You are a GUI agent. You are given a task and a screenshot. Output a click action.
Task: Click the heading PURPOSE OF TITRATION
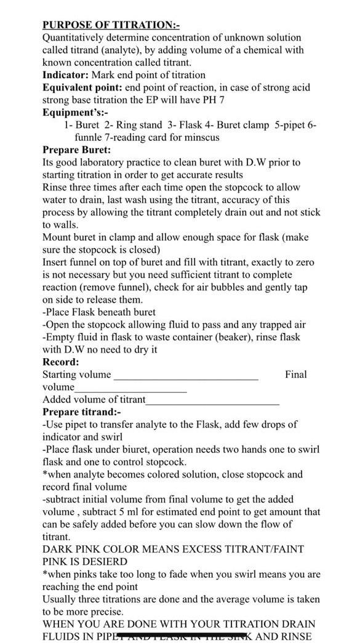[111, 25]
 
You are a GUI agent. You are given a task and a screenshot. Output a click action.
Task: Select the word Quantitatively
[72, 38]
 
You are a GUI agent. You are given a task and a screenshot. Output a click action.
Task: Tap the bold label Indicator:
[66, 75]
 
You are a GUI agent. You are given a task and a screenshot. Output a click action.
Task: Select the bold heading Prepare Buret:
[77, 150]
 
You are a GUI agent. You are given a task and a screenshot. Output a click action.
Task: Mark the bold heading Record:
[60, 362]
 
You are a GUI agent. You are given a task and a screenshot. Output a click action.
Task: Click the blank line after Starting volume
[186, 375]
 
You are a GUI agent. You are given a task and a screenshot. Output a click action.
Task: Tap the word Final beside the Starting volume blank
[295, 374]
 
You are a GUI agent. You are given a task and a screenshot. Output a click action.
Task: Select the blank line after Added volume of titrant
[212, 401]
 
